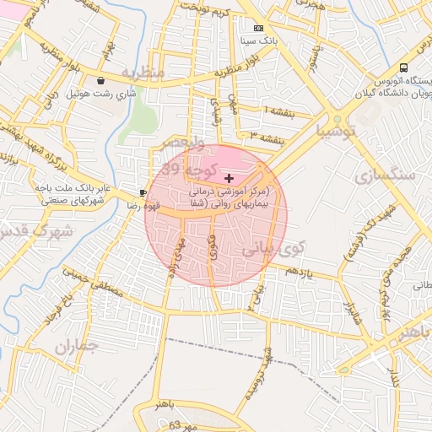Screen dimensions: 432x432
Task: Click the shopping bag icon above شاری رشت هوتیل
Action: tap(102, 81)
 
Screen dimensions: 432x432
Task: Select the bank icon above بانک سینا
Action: tap(258, 29)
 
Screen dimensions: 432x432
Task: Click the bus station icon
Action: tap(404, 67)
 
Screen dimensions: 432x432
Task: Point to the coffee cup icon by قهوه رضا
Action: tap(143, 192)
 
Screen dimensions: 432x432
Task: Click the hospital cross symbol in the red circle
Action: tap(229, 179)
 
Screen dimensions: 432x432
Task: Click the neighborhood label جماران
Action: tap(76, 346)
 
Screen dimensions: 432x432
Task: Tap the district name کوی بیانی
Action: tap(272, 250)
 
